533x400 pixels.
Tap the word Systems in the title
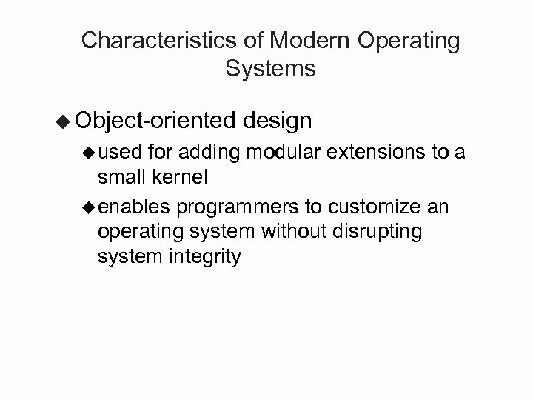[269, 70]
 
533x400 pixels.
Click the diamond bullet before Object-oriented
[64, 121]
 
